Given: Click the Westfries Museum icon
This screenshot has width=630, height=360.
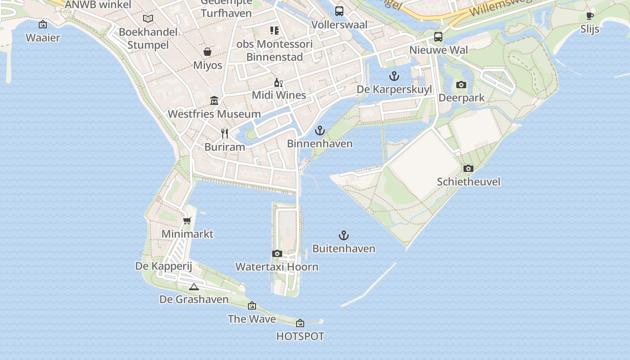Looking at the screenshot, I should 214,100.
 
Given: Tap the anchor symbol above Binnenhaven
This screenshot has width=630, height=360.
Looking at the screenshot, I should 319,130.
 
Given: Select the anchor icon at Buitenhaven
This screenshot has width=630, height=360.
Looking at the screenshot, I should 343,235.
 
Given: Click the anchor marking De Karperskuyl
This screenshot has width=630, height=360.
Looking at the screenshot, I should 394,76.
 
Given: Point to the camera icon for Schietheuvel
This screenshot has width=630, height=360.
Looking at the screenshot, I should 468,168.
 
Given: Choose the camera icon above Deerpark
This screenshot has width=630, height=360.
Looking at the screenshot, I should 461,85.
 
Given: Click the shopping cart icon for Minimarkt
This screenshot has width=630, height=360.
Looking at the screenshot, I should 187,220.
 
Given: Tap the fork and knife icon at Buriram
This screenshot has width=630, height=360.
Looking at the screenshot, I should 225,133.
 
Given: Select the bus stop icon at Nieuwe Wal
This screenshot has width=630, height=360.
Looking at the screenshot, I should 438,37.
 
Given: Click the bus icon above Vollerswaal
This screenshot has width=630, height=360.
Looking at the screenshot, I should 339,11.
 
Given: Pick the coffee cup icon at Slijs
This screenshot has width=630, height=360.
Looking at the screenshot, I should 590,16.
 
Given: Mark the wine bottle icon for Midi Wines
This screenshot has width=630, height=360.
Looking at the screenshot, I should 279,82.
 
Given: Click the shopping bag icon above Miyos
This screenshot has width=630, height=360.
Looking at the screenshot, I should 207,52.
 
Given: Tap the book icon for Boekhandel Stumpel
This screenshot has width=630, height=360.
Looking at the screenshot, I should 148,18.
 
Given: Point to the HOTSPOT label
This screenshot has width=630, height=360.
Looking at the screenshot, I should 300,336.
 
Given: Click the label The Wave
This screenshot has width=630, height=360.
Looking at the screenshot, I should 252,319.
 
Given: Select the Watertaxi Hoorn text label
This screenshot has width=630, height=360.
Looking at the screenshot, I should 277,267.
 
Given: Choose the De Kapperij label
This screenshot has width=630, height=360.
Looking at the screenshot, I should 164,266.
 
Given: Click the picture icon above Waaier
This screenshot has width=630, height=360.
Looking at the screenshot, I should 43,24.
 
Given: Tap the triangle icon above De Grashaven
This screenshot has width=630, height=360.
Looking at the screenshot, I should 194,287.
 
